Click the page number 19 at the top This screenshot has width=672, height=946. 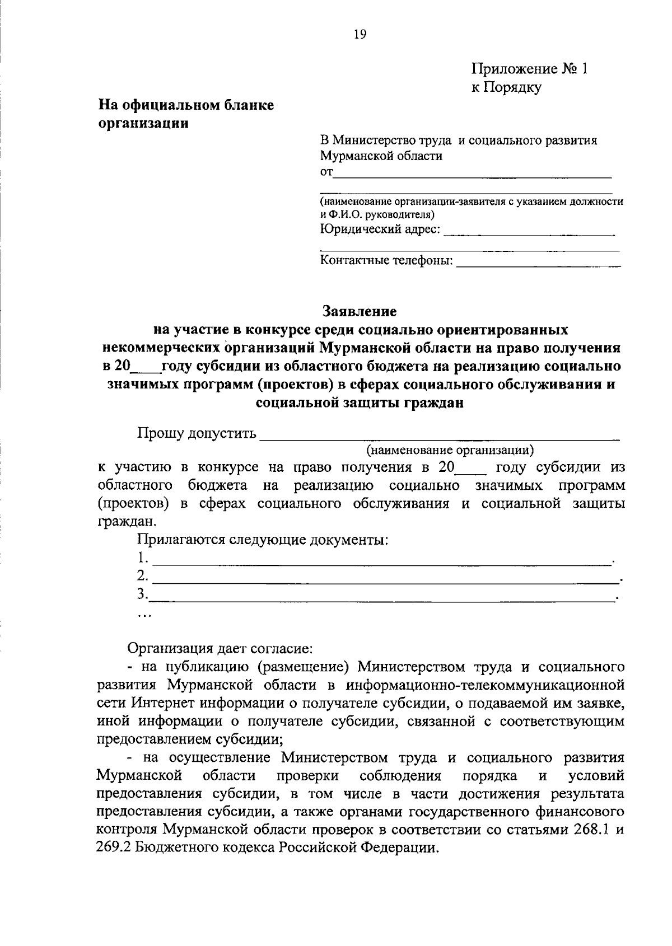tap(360, 35)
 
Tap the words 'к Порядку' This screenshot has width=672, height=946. tap(506, 87)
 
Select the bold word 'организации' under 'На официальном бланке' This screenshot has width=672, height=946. tap(143, 124)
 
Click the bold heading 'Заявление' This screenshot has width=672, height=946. tap(360, 311)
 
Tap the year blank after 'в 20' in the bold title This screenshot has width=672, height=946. tap(145, 368)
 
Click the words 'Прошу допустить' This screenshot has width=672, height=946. tap(197, 434)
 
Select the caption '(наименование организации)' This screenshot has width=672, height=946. tap(450, 450)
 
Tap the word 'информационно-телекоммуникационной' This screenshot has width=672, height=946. tap(485, 685)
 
